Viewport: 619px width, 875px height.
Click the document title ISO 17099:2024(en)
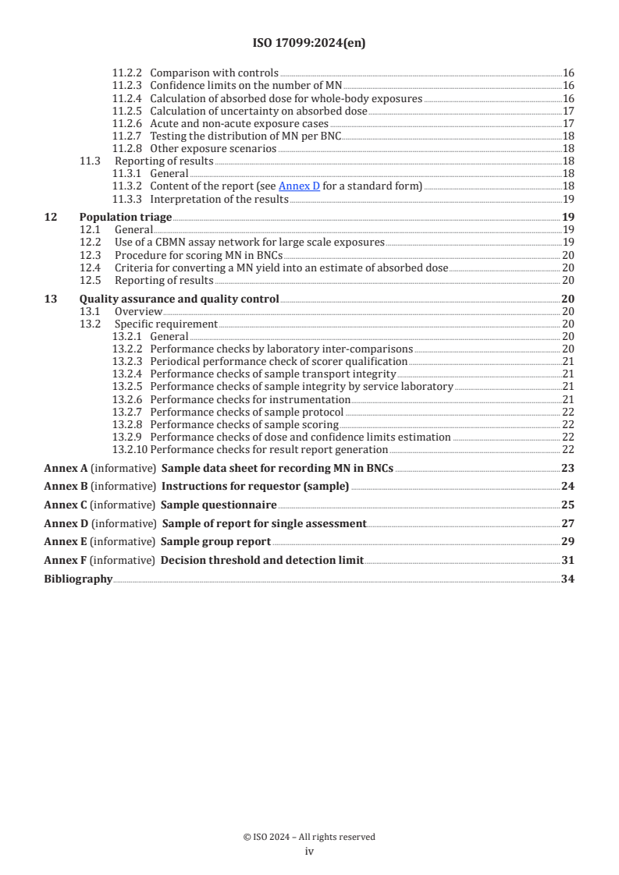pyautogui.click(x=309, y=44)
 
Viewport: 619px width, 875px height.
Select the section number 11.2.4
pyautogui.click(x=127, y=99)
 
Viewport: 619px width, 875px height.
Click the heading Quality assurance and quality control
pyautogui.click(x=179, y=299)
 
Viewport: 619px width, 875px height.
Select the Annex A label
pyautogui.click(x=62, y=468)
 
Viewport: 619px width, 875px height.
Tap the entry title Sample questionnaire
pyautogui.click(x=212, y=505)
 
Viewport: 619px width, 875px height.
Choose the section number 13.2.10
pyautogui.click(x=130, y=449)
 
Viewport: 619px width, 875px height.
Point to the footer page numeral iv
pyautogui.click(x=309, y=852)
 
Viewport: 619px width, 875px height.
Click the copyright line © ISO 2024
pyautogui.click(x=309, y=837)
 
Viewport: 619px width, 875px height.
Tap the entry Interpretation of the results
pyautogui.click(x=219, y=199)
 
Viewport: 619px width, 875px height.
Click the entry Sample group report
pyautogui.click(x=215, y=541)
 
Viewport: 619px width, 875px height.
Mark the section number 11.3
pyautogui.click(x=90, y=161)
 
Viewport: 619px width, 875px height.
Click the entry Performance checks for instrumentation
pyautogui.click(x=250, y=399)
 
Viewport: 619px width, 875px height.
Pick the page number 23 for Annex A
pyautogui.click(x=568, y=468)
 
